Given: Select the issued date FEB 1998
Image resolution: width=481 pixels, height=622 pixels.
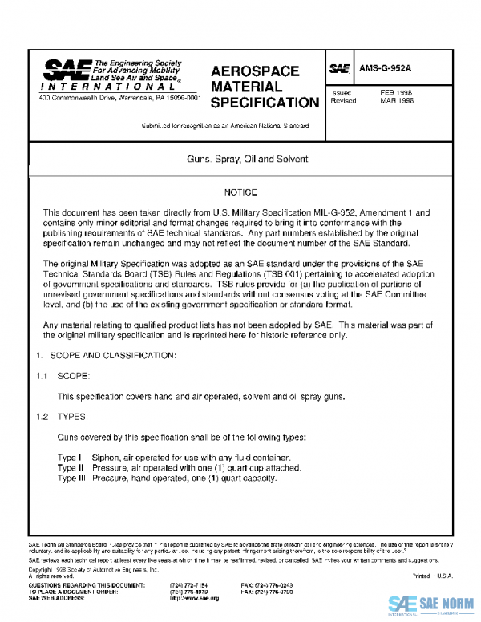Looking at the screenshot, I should (x=396, y=93).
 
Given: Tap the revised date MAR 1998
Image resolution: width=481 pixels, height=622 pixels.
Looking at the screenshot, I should (x=396, y=102).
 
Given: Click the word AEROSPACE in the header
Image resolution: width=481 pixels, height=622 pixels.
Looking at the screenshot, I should (x=255, y=71).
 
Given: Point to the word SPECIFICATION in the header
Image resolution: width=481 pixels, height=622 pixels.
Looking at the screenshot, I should (x=265, y=103).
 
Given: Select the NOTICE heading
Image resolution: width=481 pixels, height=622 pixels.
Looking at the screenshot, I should (x=240, y=192).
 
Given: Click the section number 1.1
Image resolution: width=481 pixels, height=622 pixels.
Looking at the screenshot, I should (x=42, y=375).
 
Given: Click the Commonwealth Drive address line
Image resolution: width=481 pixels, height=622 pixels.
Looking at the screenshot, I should (x=119, y=98).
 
